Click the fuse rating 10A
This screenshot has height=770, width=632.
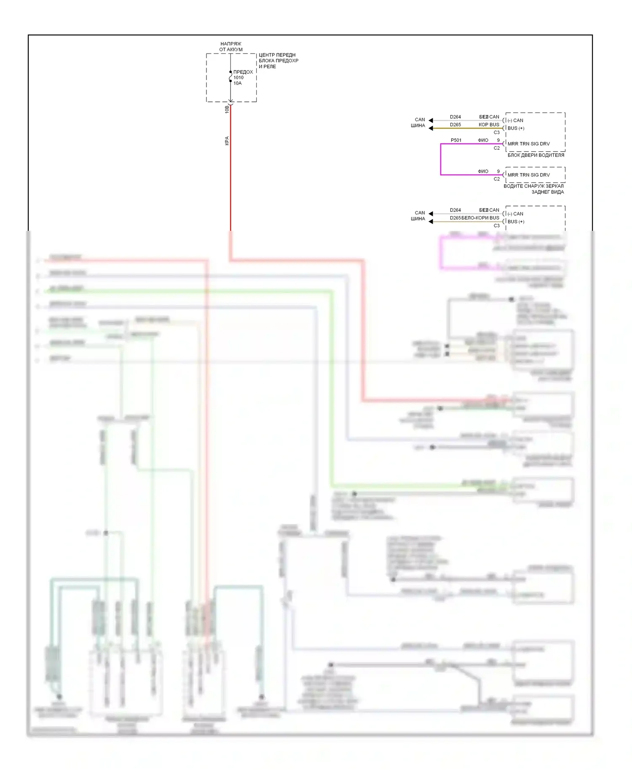(x=238, y=83)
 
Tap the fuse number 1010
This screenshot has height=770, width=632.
(x=238, y=78)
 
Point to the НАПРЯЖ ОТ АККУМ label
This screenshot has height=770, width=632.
(x=231, y=46)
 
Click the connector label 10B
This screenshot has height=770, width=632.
(x=227, y=109)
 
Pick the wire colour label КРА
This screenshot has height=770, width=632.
(x=227, y=141)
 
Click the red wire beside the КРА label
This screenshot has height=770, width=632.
(x=230, y=168)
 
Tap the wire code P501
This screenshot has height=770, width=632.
(x=456, y=140)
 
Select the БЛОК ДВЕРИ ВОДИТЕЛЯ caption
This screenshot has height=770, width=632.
(x=536, y=155)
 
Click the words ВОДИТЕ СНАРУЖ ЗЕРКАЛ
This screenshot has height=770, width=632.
(x=533, y=186)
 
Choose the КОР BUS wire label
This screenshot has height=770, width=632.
(x=489, y=125)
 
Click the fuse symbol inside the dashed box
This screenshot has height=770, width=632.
(x=230, y=77)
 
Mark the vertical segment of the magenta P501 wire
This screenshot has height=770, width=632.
(x=441, y=159)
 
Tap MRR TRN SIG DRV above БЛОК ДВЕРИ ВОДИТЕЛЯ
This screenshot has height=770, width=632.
(x=528, y=144)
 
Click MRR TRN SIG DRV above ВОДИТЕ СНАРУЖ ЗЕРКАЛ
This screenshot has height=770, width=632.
(x=528, y=175)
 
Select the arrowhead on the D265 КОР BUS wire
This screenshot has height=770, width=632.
(x=431, y=128)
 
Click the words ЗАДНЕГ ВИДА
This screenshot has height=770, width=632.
(x=547, y=192)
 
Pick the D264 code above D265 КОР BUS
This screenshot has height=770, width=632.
(x=455, y=117)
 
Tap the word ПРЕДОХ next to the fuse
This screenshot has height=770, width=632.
(x=243, y=72)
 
